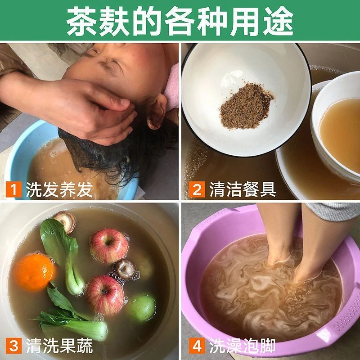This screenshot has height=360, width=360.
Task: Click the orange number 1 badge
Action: (x=14, y=189)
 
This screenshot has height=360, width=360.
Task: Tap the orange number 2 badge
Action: (x=197, y=189)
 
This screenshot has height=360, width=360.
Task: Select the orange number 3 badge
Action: (x=14, y=346)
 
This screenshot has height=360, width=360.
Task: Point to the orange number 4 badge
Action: (x=197, y=346)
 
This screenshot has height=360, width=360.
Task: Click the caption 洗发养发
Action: (x=59, y=189)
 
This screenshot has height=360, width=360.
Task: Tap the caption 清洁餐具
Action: (x=243, y=189)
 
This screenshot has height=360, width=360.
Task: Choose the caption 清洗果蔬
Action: (x=59, y=346)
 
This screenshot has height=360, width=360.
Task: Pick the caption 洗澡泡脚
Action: (x=243, y=346)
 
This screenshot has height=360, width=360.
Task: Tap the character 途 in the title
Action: (x=278, y=21)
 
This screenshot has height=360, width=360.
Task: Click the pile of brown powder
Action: (x=246, y=106)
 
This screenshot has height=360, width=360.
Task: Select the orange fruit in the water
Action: (x=35, y=272)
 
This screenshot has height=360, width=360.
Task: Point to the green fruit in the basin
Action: (x=142, y=308)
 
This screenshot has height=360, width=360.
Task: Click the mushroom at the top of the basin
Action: (x=65, y=221)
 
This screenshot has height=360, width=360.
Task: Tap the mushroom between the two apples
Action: (x=126, y=270)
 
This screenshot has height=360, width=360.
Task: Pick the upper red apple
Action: (x=109, y=246)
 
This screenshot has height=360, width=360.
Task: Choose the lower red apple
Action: (x=105, y=295)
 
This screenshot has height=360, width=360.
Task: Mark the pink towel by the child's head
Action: (x=172, y=87)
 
